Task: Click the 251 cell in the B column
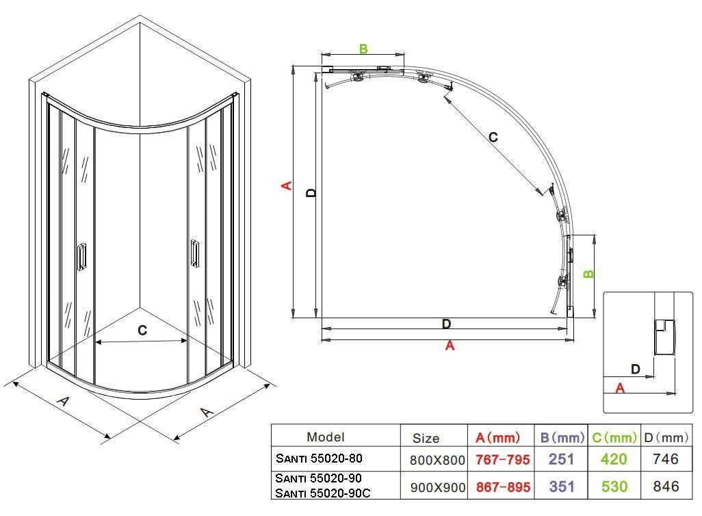coord(561,459)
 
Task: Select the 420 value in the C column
coord(614,459)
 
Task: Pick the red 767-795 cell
coord(502,460)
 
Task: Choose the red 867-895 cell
coord(503,487)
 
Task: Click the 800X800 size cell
coord(437,461)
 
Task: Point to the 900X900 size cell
coord(437,487)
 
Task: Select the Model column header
coord(326,437)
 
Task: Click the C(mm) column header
coord(614,437)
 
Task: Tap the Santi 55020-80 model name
coord(319,459)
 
